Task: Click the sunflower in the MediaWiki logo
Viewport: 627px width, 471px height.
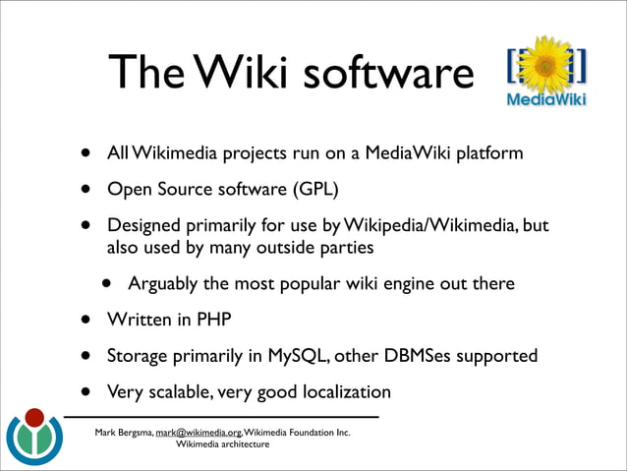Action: tap(547, 64)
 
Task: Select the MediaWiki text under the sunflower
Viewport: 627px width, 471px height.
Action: tap(546, 100)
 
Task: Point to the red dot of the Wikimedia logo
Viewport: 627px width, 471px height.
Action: tap(34, 418)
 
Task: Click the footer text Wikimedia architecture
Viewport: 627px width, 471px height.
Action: tap(222, 444)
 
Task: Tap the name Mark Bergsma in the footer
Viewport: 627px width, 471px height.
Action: tap(124, 432)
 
